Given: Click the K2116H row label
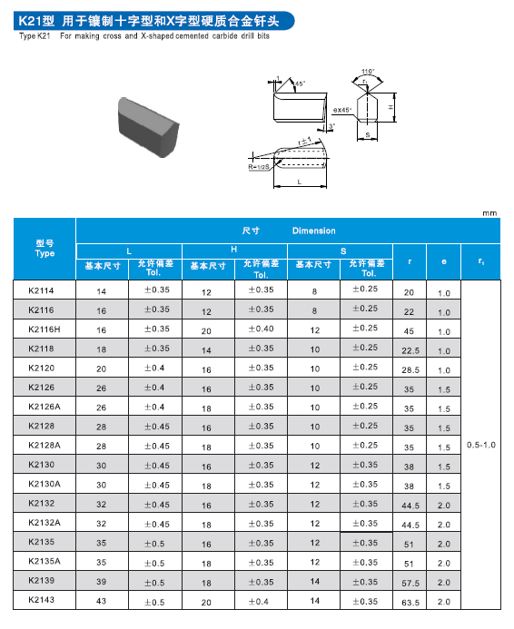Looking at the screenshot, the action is click(44, 329).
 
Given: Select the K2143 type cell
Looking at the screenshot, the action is click(42, 600).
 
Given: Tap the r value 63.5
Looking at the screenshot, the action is click(410, 603).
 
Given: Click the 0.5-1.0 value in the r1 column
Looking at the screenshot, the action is click(481, 445).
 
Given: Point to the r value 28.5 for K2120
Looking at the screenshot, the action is click(410, 369).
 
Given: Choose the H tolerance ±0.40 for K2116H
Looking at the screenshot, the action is click(261, 329).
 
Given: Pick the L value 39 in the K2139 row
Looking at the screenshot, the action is click(101, 582).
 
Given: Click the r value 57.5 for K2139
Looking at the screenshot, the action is click(410, 584).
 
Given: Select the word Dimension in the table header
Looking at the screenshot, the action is click(314, 231).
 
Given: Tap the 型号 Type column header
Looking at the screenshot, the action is click(44, 249).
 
